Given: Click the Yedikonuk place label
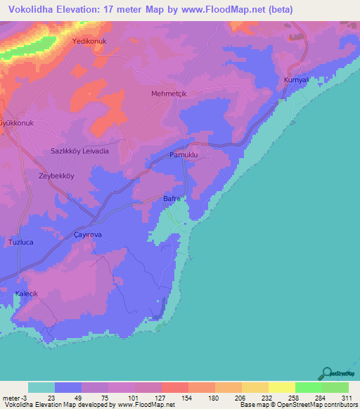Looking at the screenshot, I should [88, 41].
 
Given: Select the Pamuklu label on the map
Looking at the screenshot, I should [184, 154].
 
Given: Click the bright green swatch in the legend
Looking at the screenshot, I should [309, 387].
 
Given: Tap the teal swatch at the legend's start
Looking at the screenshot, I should [41, 387].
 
